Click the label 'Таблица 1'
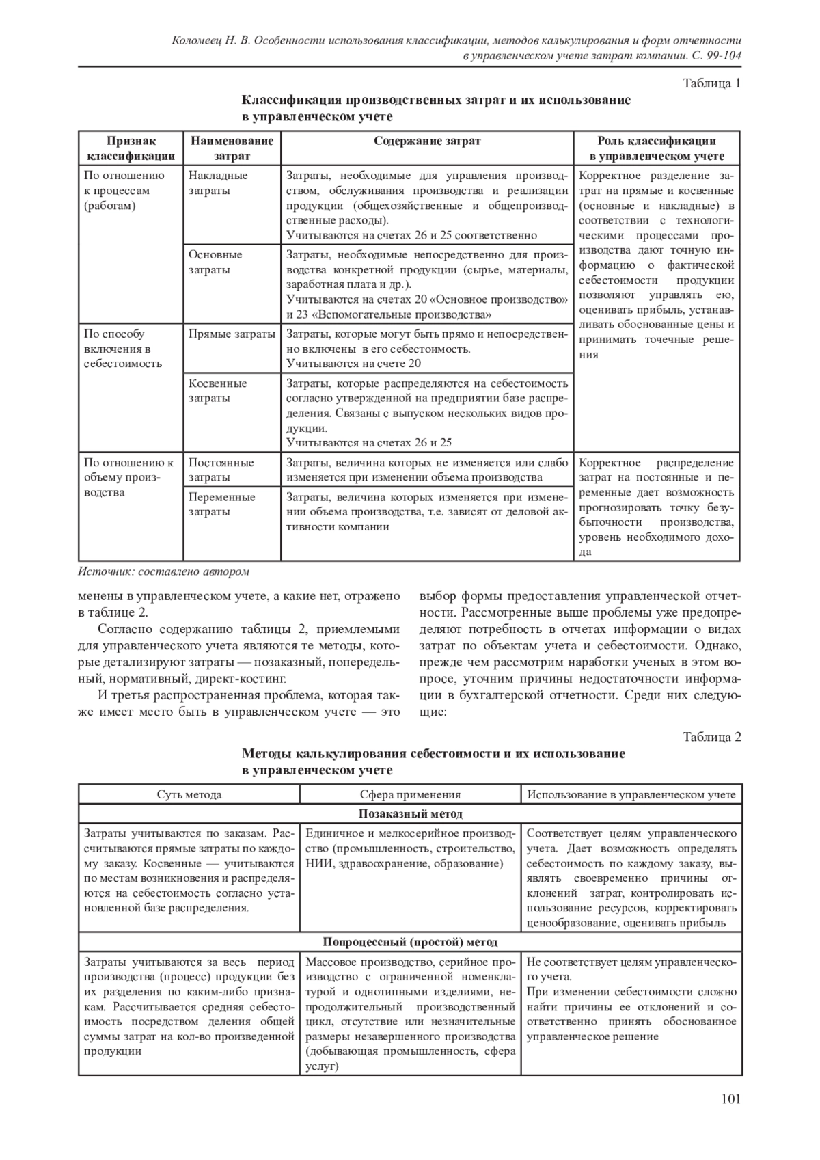tap(712, 84)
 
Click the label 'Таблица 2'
tap(712, 737)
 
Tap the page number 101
tap(730, 1099)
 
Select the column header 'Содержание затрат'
tap(427, 141)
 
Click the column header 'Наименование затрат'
tap(232, 148)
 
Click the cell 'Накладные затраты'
tap(218, 183)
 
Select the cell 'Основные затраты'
tap(215, 262)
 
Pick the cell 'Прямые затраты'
tap(232, 334)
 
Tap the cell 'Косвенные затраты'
tap(218, 390)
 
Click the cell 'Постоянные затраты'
tap(221, 470)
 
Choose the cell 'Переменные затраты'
tap(221, 504)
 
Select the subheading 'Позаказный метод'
tap(410, 814)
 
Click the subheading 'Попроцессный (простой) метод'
tap(410, 942)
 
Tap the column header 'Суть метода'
tap(189, 795)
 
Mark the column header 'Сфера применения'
tap(410, 795)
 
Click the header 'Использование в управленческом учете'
tap(631, 795)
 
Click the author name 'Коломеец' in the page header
tap(197, 41)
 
